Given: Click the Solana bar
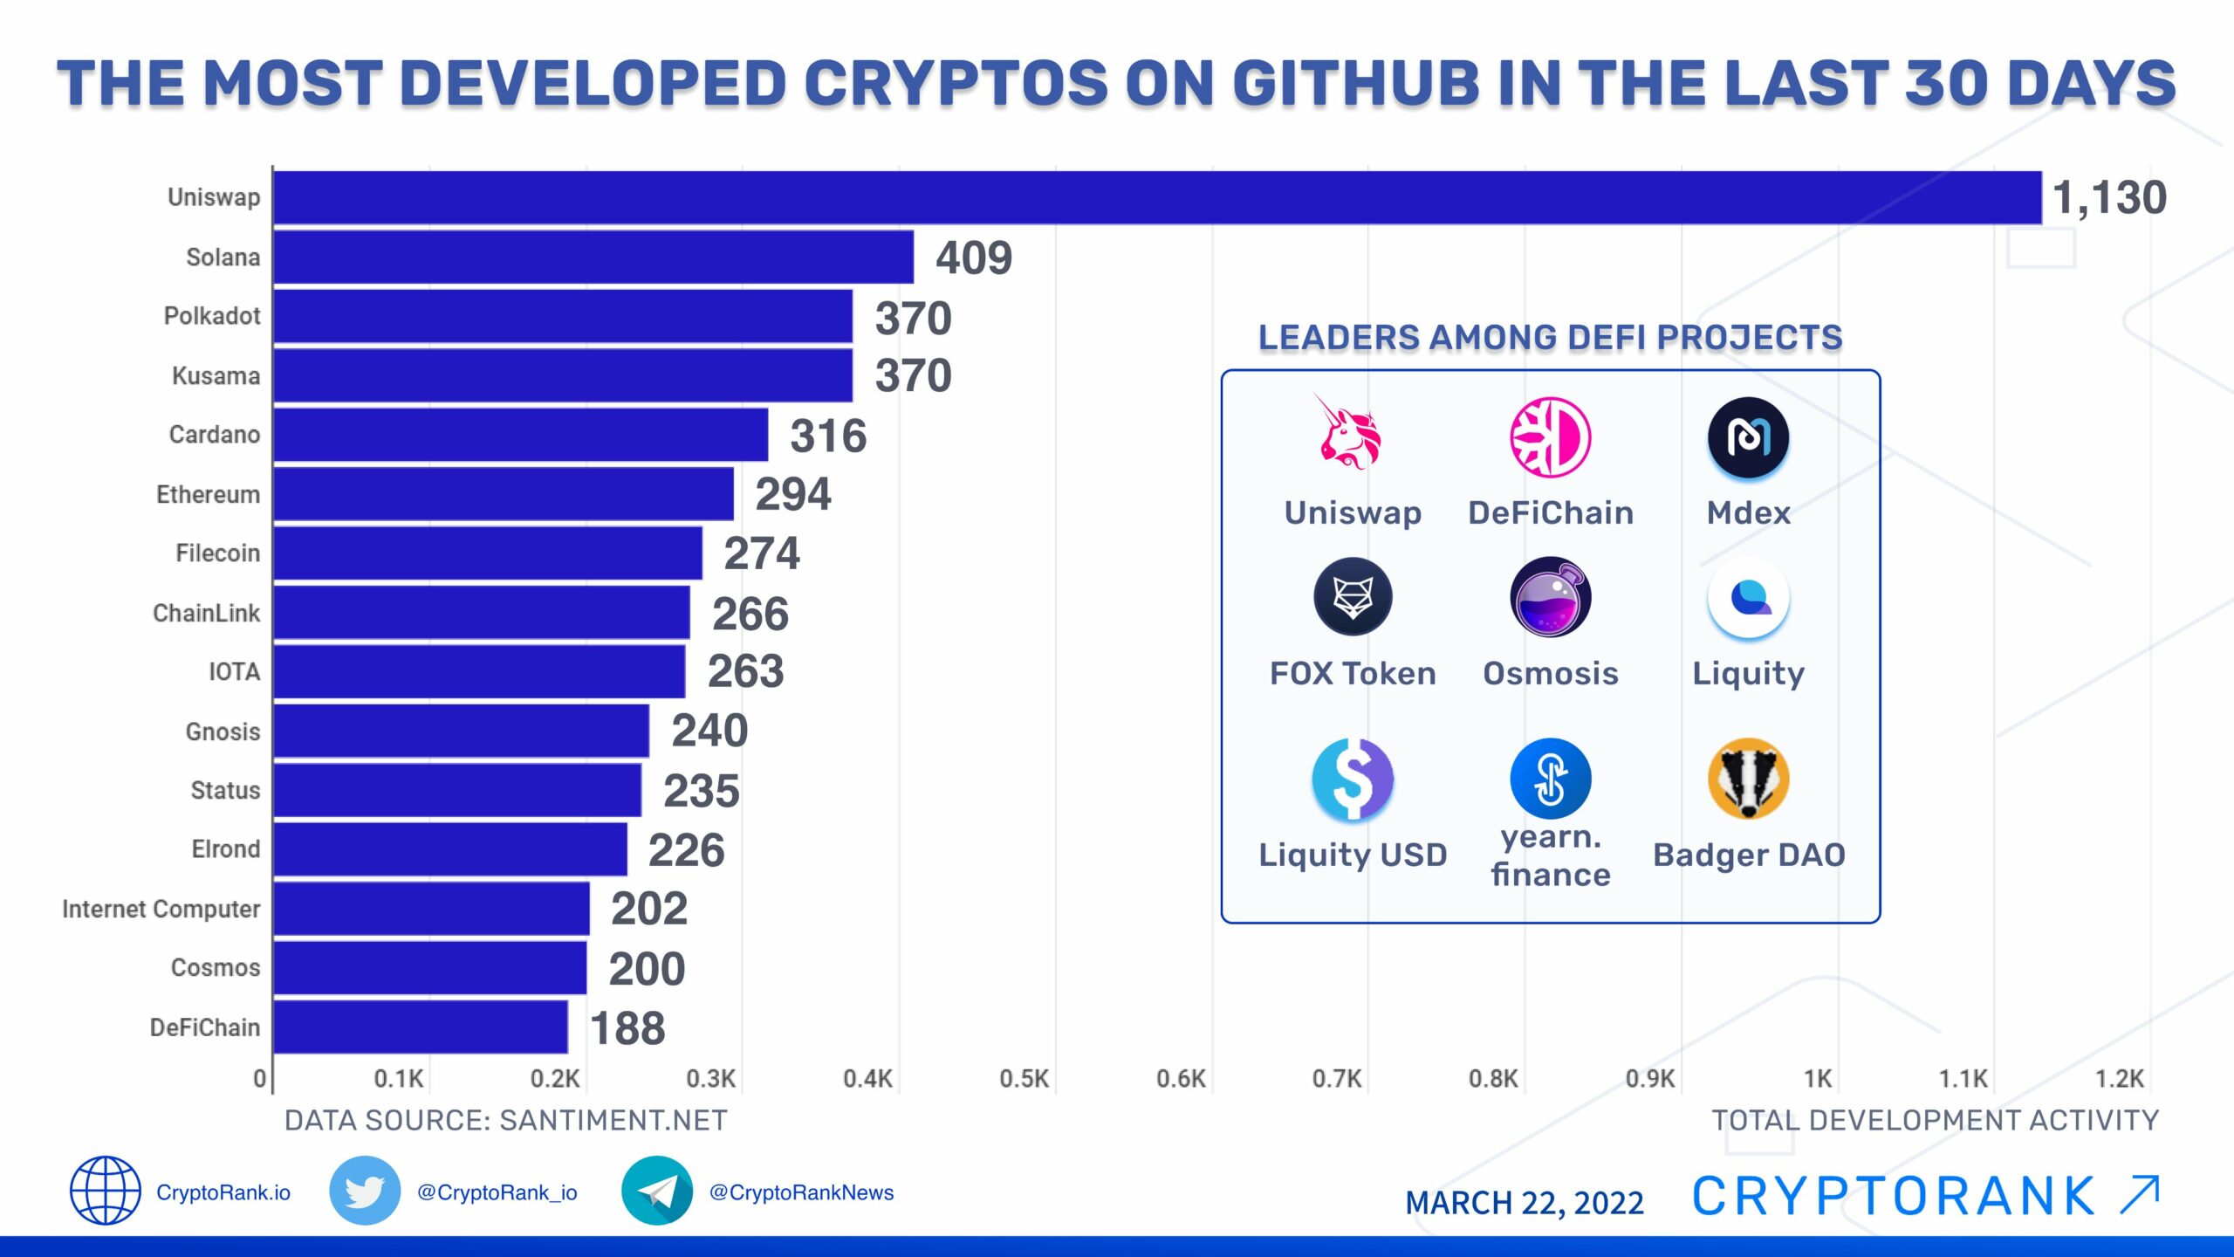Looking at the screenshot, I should [593, 257].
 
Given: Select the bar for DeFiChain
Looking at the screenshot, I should [421, 1027].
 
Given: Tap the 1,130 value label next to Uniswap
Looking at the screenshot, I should [2108, 197].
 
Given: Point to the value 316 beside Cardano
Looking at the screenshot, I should [828, 436].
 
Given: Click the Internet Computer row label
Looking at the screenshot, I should [161, 909].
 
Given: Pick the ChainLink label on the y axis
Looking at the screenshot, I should [206, 613].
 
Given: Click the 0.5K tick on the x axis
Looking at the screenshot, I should [1024, 1079].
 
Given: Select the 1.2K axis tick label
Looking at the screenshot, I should [2120, 1079].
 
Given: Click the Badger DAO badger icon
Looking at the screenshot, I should [1748, 779].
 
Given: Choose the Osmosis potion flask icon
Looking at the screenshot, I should [1551, 597].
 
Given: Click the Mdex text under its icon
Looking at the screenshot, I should [1748, 512].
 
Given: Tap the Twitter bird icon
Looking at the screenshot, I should [365, 1191].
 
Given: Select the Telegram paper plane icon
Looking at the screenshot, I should [657, 1191].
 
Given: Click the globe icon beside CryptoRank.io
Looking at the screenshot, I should [106, 1191].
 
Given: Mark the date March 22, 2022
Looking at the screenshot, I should [1524, 1203].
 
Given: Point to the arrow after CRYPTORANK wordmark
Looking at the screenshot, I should [2140, 1195].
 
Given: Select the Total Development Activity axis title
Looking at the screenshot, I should [1935, 1120].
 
